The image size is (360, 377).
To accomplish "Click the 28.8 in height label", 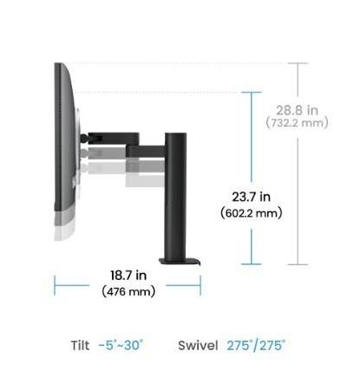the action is [x=297, y=110].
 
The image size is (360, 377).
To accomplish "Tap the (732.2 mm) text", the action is [x=298, y=123].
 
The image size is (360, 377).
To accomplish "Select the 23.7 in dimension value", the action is [x=252, y=197].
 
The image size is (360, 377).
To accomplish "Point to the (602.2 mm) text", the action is [x=252, y=213].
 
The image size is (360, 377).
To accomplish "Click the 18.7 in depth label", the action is [x=128, y=275].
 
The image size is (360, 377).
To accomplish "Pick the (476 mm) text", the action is [x=128, y=291].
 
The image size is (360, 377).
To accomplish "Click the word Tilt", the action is [x=80, y=346].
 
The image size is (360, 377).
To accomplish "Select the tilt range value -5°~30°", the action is [x=121, y=345].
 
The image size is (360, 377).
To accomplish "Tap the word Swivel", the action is [x=198, y=346].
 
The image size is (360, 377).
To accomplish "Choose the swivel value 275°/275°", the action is [x=256, y=346].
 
